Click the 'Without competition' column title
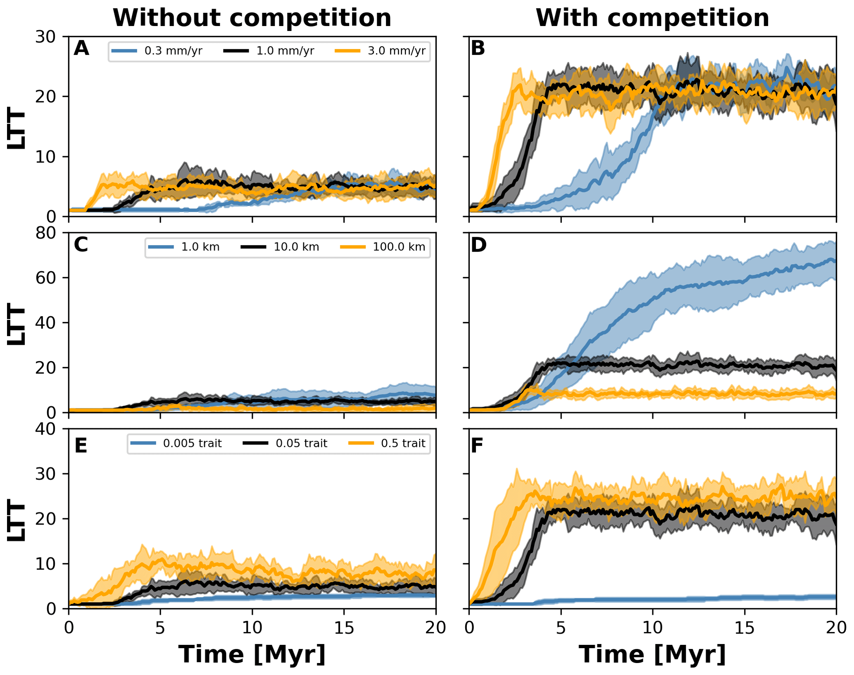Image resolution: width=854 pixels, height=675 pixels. coord(252,18)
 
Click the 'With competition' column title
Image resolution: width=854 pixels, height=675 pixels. coord(652,18)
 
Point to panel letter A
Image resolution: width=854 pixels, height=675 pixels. coord(81,48)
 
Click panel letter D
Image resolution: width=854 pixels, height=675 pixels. coord(479,245)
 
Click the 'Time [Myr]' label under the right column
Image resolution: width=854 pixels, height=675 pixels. coord(652,655)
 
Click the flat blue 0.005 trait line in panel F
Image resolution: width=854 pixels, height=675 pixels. coord(702,598)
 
